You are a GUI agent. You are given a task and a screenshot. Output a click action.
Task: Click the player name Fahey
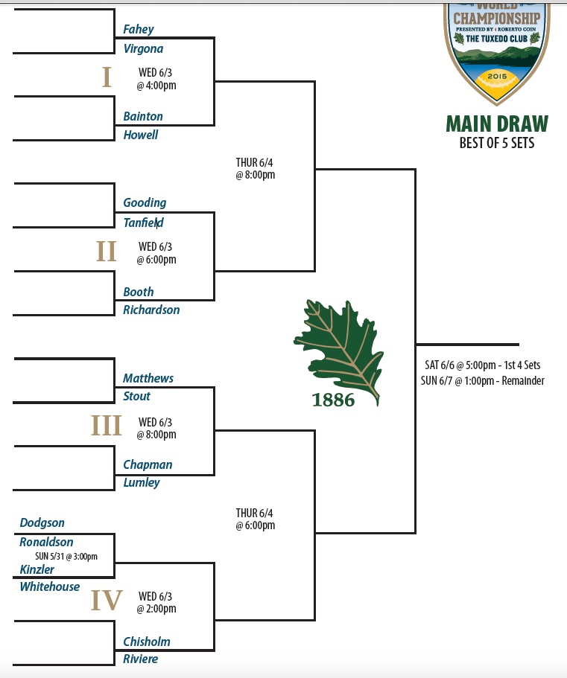(139, 30)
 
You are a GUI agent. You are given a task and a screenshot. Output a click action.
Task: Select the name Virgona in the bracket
(143, 49)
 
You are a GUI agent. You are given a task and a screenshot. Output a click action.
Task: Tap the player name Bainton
(143, 117)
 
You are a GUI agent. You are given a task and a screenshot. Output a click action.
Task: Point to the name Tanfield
(143, 223)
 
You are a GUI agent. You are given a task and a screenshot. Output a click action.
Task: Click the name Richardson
(151, 310)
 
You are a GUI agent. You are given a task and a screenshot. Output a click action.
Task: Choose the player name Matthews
(148, 379)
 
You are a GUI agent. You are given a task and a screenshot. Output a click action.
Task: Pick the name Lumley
(142, 483)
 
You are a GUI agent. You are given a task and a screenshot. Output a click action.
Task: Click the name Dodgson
(42, 523)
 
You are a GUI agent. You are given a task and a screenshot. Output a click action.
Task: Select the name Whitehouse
(50, 587)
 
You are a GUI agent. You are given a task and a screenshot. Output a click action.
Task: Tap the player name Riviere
(141, 659)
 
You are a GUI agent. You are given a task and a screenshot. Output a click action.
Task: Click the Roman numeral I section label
(107, 77)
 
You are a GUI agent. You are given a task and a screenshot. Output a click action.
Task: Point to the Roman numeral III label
(107, 426)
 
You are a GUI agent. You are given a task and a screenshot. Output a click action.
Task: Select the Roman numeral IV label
(107, 600)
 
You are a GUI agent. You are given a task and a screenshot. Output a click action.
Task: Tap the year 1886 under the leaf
(333, 400)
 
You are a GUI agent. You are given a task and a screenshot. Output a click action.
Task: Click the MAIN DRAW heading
(497, 124)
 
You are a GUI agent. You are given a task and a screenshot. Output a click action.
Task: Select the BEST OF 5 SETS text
(497, 142)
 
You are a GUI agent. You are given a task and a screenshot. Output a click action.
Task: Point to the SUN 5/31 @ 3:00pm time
(66, 556)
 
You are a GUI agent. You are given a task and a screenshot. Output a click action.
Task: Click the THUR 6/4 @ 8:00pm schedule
(256, 169)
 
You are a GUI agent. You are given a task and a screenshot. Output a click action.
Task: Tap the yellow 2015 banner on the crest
(495, 75)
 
